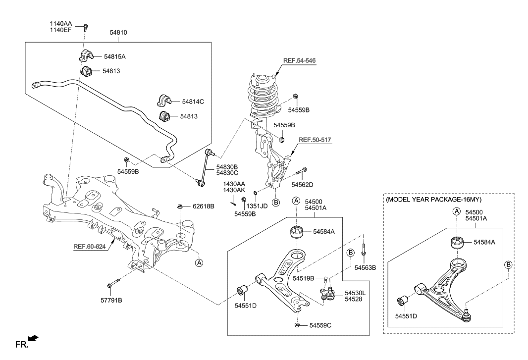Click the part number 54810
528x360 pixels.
coord(118,32)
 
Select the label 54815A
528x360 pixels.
coord(114,57)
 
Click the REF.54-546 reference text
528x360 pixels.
coord(299,60)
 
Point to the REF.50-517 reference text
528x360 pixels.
coord(314,140)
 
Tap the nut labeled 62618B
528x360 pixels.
coord(181,206)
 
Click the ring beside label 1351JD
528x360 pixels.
coord(255,193)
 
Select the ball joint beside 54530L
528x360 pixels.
coord(327,294)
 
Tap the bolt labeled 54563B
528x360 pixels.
coord(364,250)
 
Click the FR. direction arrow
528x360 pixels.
coord(33,339)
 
